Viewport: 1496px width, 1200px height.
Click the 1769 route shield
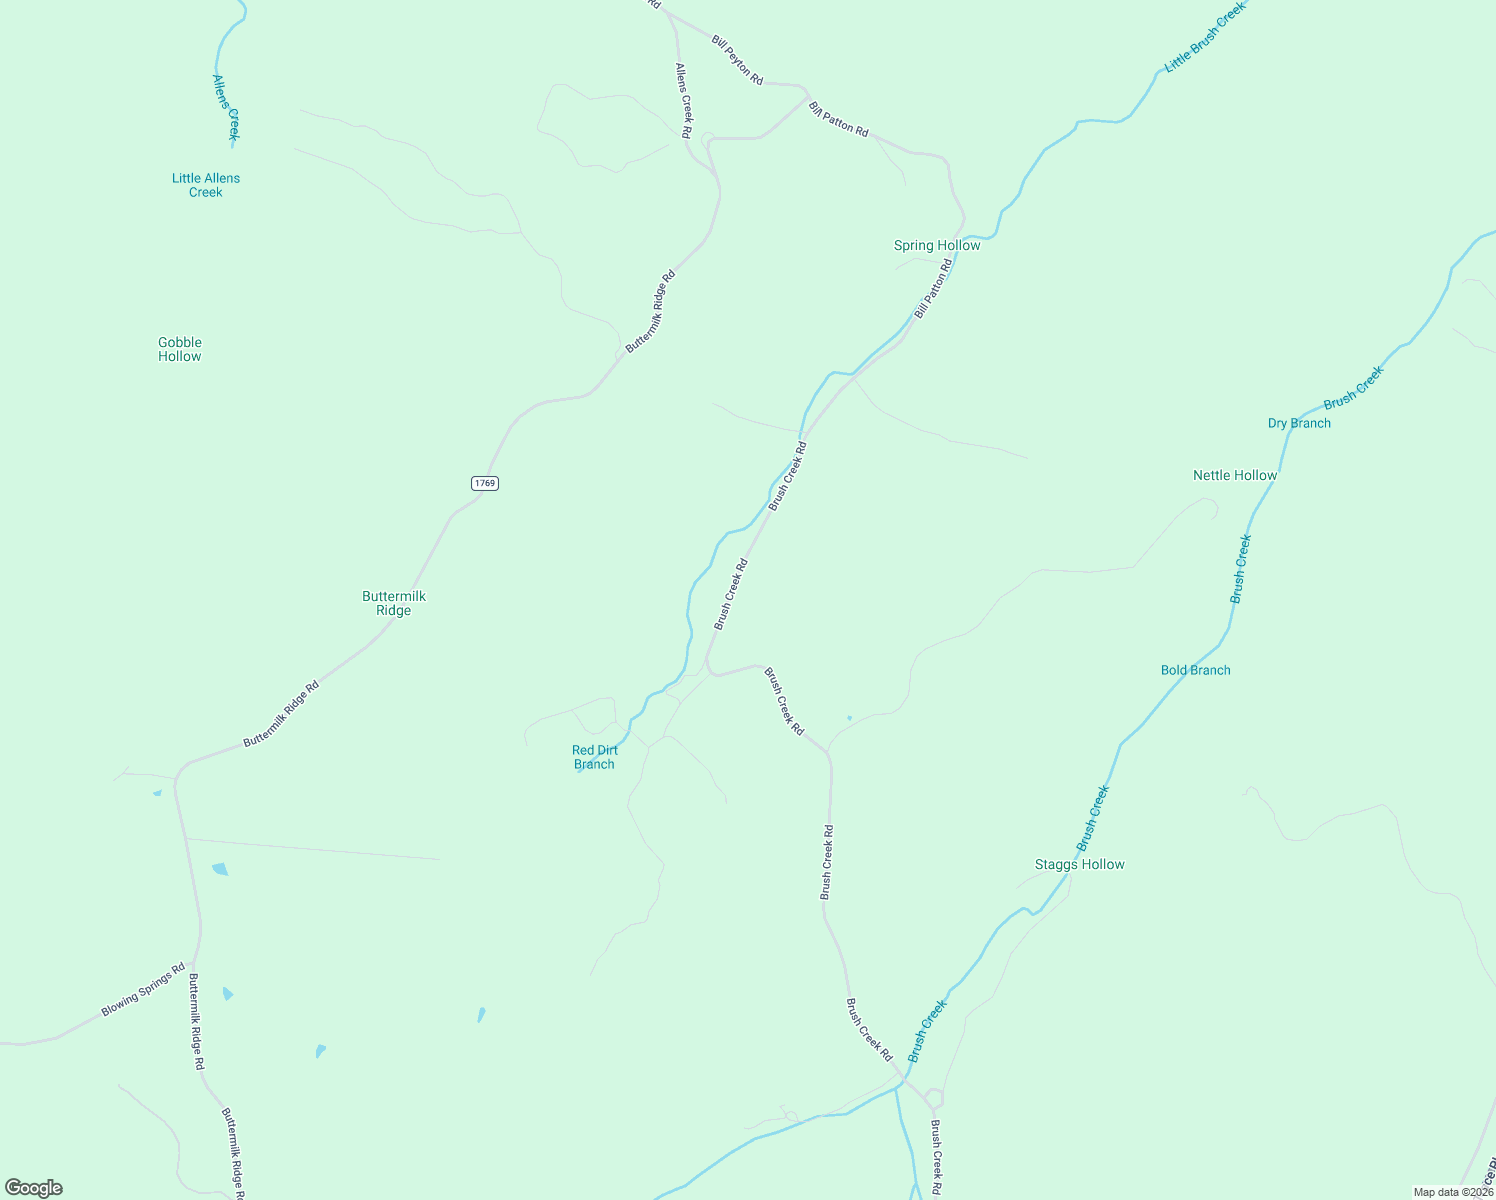coord(484,483)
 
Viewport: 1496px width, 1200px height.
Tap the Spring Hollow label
coord(937,245)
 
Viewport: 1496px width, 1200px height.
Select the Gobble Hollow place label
coord(180,349)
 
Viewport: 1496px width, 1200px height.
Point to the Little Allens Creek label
coord(206,185)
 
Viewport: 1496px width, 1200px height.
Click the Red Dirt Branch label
coord(595,757)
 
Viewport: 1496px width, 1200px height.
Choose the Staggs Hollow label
coord(1080,864)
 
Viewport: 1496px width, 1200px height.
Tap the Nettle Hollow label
coord(1235,475)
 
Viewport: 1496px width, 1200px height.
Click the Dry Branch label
coord(1299,423)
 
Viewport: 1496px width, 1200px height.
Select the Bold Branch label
coord(1196,670)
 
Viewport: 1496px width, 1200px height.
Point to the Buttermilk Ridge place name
coord(394,603)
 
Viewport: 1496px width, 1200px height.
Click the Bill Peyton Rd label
coord(738,60)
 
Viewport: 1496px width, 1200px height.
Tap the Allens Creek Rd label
coord(684,100)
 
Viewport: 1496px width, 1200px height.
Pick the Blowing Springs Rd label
coord(143,990)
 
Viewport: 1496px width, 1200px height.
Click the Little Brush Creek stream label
coord(1205,37)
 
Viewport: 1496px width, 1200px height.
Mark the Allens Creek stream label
coord(226,106)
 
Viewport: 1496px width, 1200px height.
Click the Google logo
coord(34,1188)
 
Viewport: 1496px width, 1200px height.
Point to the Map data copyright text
coord(1453,1192)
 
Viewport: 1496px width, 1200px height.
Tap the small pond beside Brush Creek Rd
coord(849,717)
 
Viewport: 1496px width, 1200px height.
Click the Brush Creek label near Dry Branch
coord(1354,387)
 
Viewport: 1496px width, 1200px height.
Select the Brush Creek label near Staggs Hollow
coord(1093,818)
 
